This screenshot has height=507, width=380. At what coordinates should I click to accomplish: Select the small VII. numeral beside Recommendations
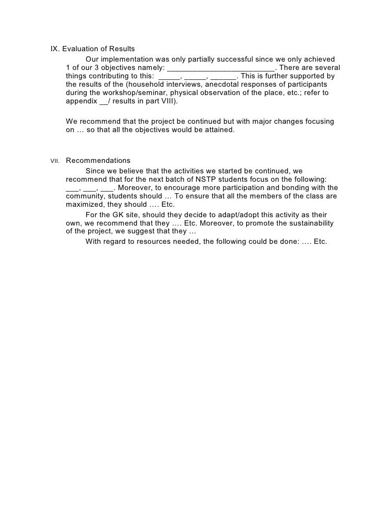tap(55, 161)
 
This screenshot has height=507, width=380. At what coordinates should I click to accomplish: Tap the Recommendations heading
tap(98, 160)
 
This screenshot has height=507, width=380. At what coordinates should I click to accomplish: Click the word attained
tap(219, 130)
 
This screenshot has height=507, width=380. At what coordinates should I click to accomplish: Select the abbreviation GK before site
tap(119, 215)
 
